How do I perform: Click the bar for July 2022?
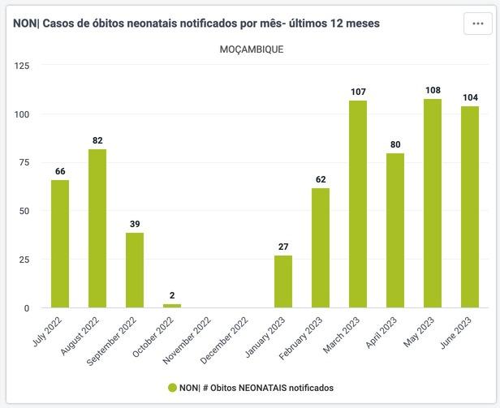tap(60, 243)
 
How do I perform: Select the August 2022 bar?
tap(97, 228)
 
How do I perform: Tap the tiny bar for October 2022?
tap(172, 306)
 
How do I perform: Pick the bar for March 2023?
tap(358, 204)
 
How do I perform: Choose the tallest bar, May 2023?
tap(433, 203)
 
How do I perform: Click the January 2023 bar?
tap(283, 281)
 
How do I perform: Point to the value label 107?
tap(358, 92)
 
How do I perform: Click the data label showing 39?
tap(135, 225)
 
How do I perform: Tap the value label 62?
tap(321, 180)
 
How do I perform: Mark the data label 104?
tap(470, 98)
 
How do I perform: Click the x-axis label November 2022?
tap(192, 340)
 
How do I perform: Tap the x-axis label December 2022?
tap(229, 340)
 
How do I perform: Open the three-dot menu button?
tap(478, 24)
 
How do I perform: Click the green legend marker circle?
tap(172, 388)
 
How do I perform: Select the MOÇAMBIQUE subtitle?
tap(252, 49)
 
